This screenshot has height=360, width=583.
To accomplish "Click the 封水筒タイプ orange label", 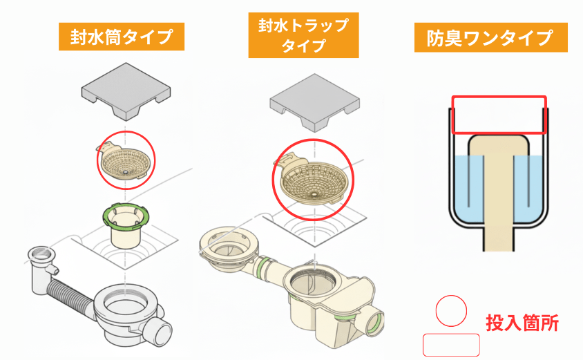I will coord(121,36).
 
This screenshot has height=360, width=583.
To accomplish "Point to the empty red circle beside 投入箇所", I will coord(451,311).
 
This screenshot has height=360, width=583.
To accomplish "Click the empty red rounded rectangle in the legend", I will coord(451,344).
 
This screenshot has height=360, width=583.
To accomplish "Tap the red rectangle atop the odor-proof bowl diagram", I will coord(499,115).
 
